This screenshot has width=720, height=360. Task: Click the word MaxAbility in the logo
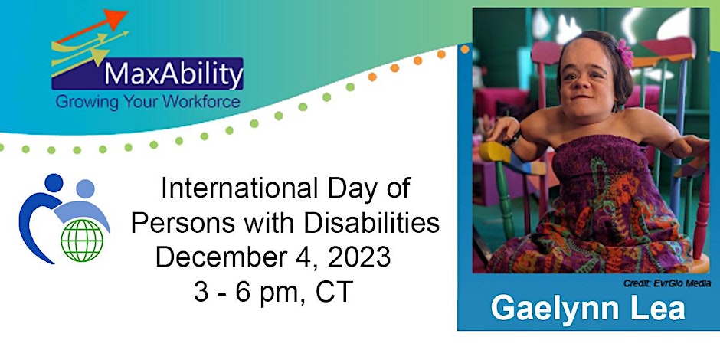pos(174,74)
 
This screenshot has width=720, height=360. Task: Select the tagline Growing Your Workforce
pos(147,101)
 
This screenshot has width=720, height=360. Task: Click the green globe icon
pos(82,241)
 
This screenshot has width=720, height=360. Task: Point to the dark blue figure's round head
pos(54,183)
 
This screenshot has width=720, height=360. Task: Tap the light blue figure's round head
pos(86,188)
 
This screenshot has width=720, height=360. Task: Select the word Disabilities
pos(368,224)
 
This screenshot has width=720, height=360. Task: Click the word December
pos(218,257)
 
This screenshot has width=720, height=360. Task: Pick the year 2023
pos(358,257)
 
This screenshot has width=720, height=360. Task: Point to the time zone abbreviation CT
pos(334,292)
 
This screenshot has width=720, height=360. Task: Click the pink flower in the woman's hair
pos(624,54)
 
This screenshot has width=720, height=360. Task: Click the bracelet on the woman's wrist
pos(513,138)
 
